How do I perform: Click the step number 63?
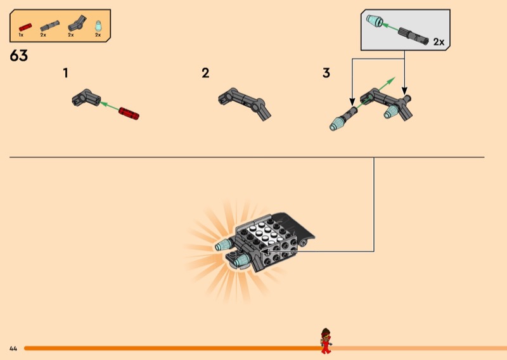[19, 56]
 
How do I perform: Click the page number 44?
[13, 349]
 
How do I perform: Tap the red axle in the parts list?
[25, 26]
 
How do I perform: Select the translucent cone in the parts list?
[98, 25]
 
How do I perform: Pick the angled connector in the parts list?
[75, 25]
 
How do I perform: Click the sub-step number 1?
[65, 74]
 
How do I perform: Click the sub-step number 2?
[205, 74]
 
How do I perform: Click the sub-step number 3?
[326, 74]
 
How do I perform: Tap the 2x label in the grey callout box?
[439, 42]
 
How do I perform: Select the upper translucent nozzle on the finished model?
[224, 245]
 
